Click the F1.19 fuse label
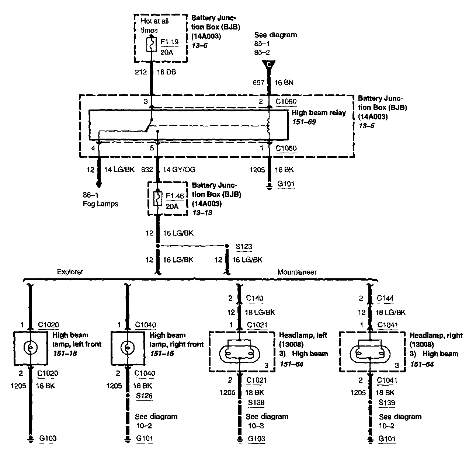tap(169, 42)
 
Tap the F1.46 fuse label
tap(175, 197)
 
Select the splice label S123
tap(244, 247)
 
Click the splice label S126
tap(144, 396)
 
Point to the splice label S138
tap(256, 403)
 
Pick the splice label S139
tap(387, 403)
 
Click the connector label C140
tap(255, 298)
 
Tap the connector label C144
tap(385, 298)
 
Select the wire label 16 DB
tap(166, 72)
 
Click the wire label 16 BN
tap(284, 83)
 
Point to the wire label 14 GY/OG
tap(179, 170)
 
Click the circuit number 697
tap(258, 83)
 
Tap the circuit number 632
tap(147, 170)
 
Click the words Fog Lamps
tap(100, 204)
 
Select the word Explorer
tap(70, 272)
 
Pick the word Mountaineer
tap(297, 272)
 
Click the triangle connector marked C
tap(269, 65)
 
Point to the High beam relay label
tap(319, 113)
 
